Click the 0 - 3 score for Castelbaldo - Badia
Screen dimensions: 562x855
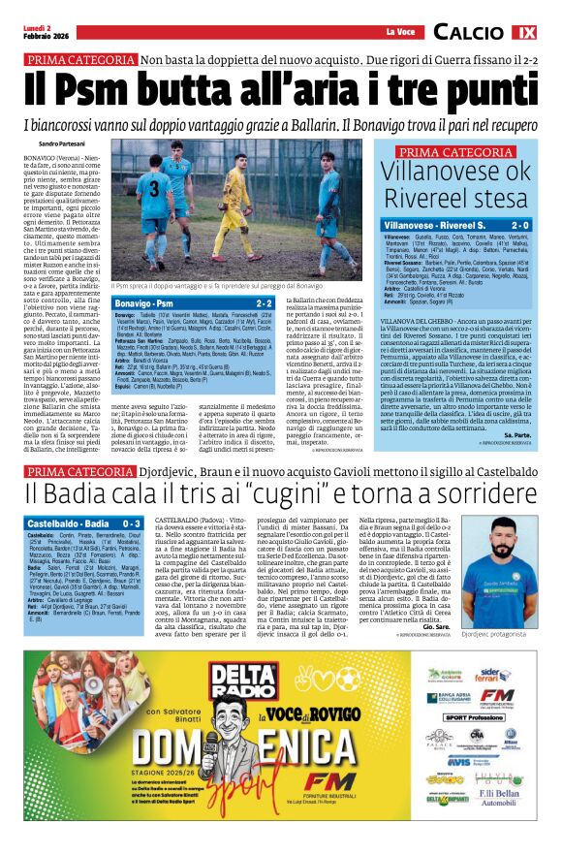tap(128, 522)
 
